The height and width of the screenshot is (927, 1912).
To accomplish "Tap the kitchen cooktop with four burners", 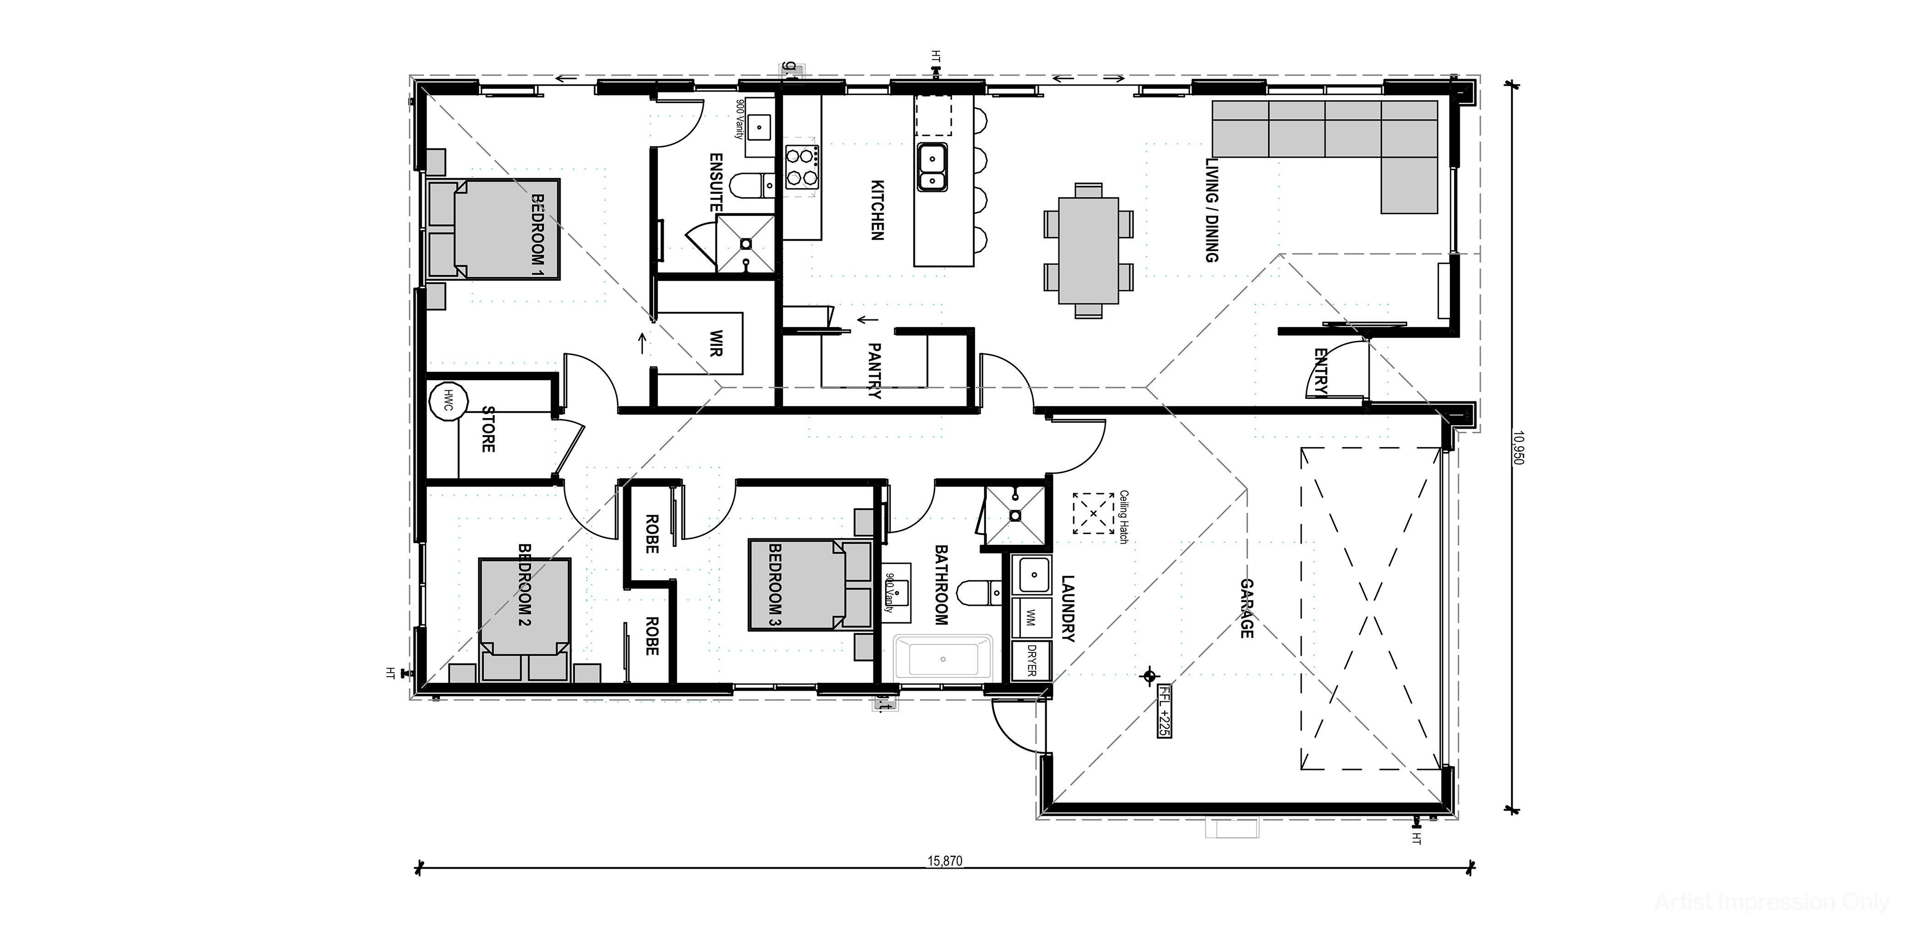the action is [x=802, y=167].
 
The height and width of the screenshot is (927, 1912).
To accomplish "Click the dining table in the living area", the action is [x=1088, y=250].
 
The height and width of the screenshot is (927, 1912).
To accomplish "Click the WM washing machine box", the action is [x=1032, y=618].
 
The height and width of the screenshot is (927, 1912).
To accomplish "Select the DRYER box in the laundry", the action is [x=1032, y=660].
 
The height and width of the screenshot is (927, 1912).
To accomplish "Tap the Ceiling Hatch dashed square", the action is [x=1092, y=513].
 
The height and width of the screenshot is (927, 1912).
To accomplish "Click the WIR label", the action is [x=716, y=343].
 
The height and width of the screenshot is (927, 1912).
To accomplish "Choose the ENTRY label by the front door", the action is [x=1320, y=371].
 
